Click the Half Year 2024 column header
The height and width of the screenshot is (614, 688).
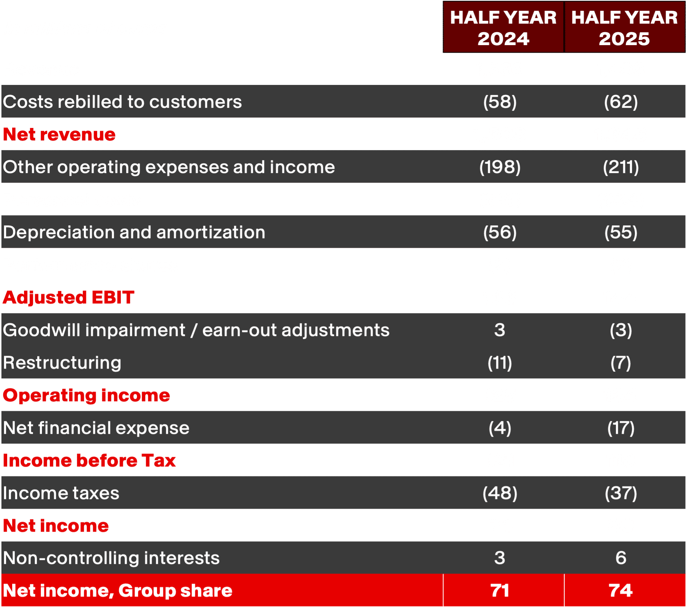503,28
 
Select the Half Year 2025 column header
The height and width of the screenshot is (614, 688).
624,28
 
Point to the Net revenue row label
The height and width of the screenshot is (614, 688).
59,134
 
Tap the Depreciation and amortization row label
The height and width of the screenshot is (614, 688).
134,232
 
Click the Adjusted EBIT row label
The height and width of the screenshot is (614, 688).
68,297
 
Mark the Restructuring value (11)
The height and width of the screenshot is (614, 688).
500,363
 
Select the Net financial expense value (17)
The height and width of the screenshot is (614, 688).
621,428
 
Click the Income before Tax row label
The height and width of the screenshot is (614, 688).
89,460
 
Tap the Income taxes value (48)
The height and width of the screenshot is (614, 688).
500,493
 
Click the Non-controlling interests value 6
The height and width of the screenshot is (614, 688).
621,558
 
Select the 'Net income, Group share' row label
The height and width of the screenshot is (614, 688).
118,590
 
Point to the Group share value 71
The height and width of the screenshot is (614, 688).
500,590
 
